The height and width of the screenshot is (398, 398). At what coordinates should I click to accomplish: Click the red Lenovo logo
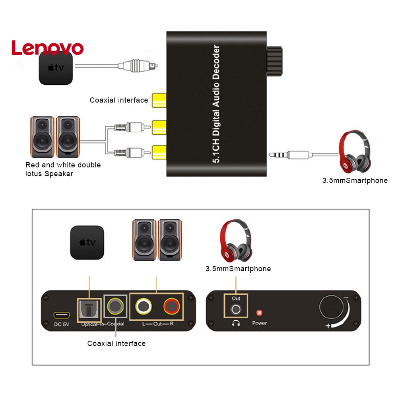(x=47, y=48)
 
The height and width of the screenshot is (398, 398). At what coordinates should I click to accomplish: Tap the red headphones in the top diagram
(x=354, y=151)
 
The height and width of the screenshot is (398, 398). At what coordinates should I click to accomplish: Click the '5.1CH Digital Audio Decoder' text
(x=217, y=105)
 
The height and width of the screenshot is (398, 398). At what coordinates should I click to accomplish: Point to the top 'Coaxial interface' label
(x=118, y=100)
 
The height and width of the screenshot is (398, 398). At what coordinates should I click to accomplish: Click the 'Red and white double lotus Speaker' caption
(x=63, y=169)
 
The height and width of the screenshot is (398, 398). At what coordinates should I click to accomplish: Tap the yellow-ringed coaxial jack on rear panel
(x=115, y=307)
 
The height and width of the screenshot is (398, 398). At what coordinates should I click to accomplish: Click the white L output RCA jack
(x=143, y=307)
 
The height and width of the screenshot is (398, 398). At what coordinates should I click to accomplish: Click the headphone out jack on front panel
(x=236, y=309)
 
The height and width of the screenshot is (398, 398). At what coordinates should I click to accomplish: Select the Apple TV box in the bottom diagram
(x=87, y=243)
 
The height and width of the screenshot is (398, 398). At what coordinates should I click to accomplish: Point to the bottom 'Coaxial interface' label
(x=116, y=343)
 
